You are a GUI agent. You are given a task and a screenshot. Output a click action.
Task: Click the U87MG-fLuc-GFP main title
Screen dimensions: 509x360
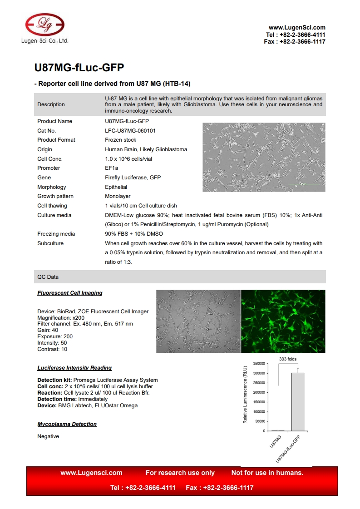(x=79, y=68)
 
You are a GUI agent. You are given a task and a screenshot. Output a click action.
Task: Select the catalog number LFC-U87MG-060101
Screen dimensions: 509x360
(x=130, y=131)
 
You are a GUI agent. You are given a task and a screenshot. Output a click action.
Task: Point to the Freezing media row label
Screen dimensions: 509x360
(x=56, y=234)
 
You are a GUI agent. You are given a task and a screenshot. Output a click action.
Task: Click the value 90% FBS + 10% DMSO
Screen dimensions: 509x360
(x=134, y=234)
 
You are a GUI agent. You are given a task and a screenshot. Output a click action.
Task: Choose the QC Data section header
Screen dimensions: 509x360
(x=48, y=277)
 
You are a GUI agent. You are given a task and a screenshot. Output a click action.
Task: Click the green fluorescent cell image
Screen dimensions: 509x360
(x=283, y=321)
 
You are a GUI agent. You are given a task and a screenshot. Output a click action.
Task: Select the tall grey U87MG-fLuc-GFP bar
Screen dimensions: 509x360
(x=297, y=402)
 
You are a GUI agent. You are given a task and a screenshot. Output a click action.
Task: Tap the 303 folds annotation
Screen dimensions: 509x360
(x=288, y=359)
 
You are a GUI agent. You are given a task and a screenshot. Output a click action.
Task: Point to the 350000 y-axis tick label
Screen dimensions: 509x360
(x=258, y=364)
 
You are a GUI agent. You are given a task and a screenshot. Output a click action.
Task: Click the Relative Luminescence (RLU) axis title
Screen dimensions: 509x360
(x=245, y=394)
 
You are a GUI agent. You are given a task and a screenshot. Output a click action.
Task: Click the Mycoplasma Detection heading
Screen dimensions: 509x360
(x=67, y=424)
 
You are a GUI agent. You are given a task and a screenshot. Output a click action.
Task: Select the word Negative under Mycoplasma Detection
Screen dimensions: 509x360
(x=48, y=436)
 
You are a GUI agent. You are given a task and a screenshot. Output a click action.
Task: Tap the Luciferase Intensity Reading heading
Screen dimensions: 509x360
(x=74, y=368)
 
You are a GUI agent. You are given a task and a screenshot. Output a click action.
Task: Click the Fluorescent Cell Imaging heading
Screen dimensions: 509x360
(x=70, y=293)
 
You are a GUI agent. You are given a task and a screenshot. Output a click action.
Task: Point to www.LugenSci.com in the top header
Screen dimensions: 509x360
(x=297, y=28)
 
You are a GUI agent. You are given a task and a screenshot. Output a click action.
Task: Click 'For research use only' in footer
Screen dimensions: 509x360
(x=180, y=473)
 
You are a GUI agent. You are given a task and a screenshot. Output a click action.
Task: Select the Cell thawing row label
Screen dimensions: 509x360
(x=52, y=206)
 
